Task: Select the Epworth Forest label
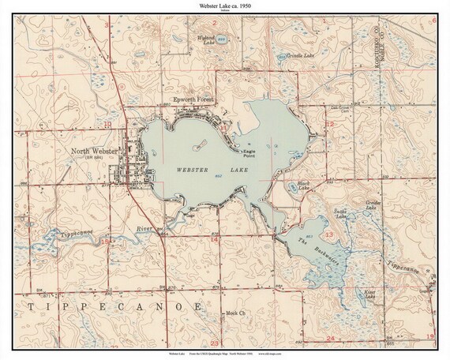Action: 194,100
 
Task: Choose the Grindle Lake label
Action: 290,56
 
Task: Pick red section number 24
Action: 330,338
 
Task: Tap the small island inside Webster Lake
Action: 198,146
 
